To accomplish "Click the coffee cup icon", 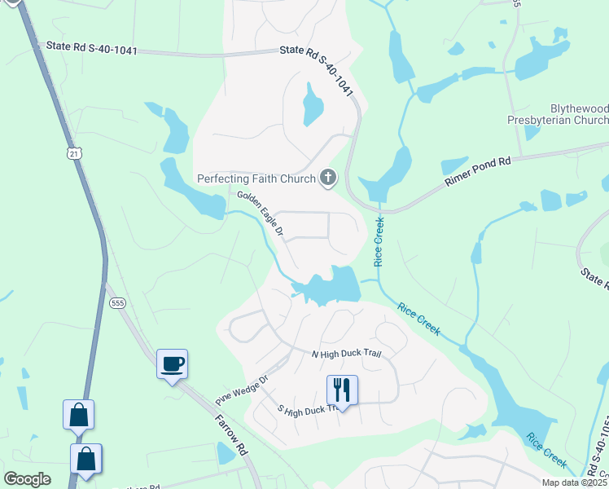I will (172, 364).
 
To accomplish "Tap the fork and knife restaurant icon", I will (342, 390).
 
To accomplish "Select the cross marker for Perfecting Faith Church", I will (328, 177).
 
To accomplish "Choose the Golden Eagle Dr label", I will (260, 213).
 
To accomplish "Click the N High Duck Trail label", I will (347, 354).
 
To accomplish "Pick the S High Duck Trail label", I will (307, 410).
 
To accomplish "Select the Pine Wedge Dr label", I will (242, 390).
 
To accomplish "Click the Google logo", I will (28, 479).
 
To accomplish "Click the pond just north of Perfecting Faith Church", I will (313, 105).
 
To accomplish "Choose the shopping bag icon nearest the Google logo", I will (85, 460).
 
